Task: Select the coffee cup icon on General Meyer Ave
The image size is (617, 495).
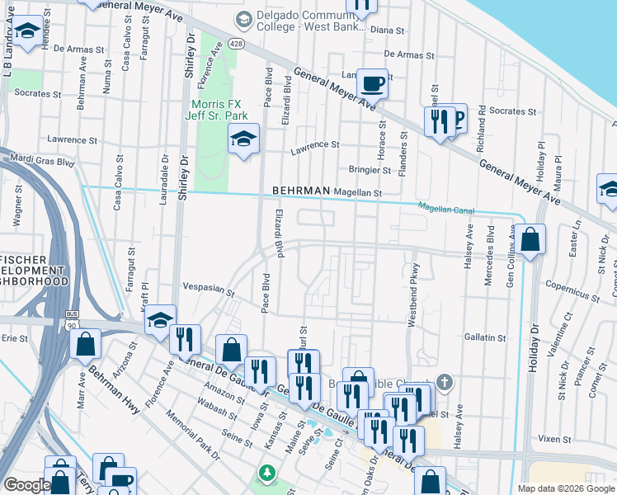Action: pyautogui.click(x=372, y=83)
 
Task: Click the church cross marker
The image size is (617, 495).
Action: pyautogui.click(x=445, y=382)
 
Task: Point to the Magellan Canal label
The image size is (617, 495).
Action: pyautogui.click(x=446, y=209)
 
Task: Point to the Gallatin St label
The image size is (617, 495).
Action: pyautogui.click(x=485, y=337)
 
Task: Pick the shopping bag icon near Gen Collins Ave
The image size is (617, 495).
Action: pyautogui.click(x=532, y=240)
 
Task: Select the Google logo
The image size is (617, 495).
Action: pyautogui.click(x=27, y=485)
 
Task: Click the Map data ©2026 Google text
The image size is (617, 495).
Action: pyautogui.click(x=566, y=488)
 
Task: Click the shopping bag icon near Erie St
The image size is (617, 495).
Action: pyautogui.click(x=86, y=344)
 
